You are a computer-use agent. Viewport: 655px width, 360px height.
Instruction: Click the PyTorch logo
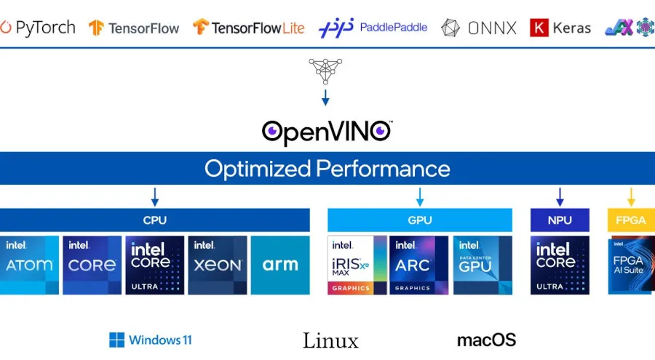coord(38,28)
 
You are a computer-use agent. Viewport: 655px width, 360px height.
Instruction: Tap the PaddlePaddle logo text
coord(393,28)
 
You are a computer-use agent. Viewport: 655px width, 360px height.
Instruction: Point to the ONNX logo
coord(480,28)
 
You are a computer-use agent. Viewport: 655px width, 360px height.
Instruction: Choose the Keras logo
coord(560,28)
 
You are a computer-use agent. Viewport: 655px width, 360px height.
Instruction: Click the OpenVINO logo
coord(327,132)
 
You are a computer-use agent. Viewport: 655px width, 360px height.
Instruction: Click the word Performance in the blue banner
coord(382,169)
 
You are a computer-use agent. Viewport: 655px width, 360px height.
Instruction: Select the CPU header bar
coord(154,220)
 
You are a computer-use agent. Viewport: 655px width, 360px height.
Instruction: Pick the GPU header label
coord(420,220)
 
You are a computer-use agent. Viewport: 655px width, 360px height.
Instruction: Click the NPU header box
coord(560,220)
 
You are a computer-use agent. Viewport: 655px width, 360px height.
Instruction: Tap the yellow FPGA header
coord(630,220)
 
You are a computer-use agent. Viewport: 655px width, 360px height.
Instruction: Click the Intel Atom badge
coord(29,265)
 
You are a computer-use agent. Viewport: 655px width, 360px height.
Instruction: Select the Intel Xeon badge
coord(217,265)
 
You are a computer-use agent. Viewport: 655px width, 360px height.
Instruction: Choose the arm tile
coord(280,265)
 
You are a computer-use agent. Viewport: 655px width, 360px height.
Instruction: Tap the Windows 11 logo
coord(151,340)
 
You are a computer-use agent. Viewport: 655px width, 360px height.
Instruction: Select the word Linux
coord(330,340)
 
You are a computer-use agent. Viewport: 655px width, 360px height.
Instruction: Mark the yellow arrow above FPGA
coord(631,196)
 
